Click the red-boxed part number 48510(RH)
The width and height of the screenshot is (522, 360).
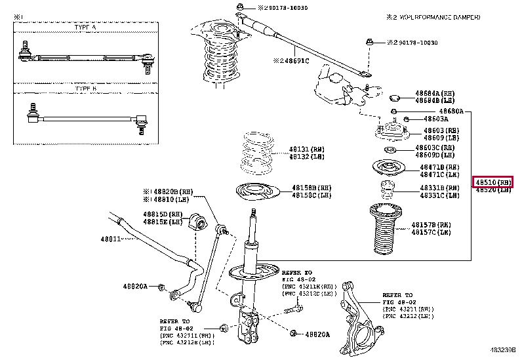(x=492, y=182)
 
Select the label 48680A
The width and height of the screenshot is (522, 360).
(x=452, y=111)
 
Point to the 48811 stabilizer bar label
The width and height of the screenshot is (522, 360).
(x=112, y=239)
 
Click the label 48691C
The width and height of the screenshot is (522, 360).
(x=293, y=60)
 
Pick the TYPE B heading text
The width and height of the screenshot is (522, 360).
(x=85, y=88)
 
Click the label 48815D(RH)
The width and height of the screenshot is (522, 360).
(x=163, y=214)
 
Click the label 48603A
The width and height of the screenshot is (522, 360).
(x=435, y=119)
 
